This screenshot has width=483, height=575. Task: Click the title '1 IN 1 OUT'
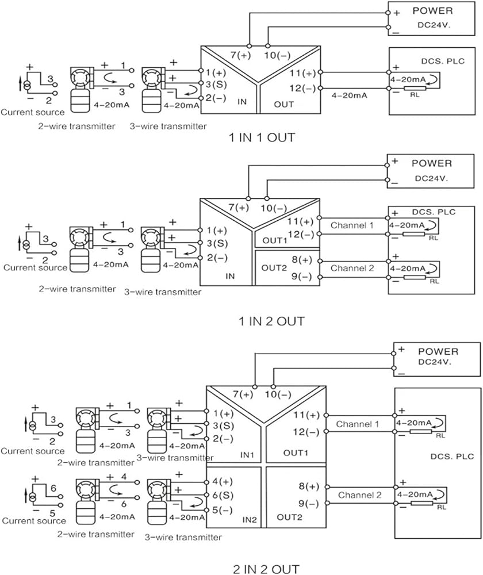click(x=262, y=138)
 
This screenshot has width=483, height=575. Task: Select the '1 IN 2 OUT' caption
click(x=272, y=321)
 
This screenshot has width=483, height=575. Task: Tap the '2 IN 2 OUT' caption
click(x=266, y=569)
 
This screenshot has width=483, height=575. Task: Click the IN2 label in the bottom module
click(x=250, y=520)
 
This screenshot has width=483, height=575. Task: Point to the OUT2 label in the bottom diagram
click(x=289, y=517)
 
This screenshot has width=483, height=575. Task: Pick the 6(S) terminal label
click(x=223, y=496)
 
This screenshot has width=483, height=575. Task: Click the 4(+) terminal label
click(x=223, y=481)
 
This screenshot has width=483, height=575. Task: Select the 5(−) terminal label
click(x=223, y=510)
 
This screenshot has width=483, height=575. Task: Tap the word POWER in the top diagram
click(x=433, y=10)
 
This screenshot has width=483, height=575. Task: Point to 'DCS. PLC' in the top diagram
click(x=443, y=62)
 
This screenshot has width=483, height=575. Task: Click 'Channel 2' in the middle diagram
click(x=352, y=268)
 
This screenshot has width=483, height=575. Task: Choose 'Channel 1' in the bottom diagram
click(x=358, y=424)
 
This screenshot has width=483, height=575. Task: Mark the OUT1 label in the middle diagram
click(x=275, y=240)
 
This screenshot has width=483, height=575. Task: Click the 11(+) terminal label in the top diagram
click(x=302, y=73)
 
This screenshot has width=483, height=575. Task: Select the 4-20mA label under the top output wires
click(x=349, y=95)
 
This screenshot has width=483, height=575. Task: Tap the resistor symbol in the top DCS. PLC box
click(x=415, y=88)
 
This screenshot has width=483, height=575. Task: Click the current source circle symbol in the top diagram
click(x=27, y=85)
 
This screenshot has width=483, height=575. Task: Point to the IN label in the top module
click(x=242, y=102)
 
